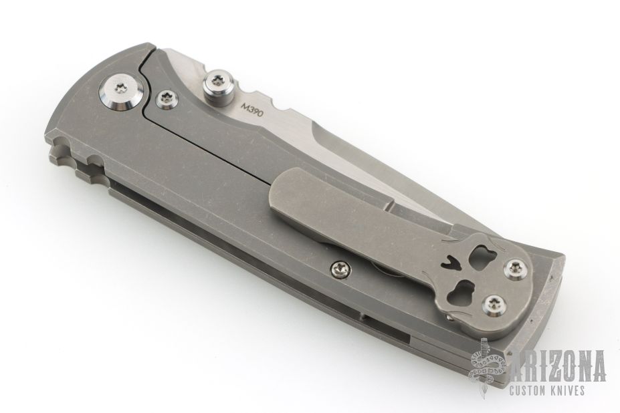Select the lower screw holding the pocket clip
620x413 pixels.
coord(493,305)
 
